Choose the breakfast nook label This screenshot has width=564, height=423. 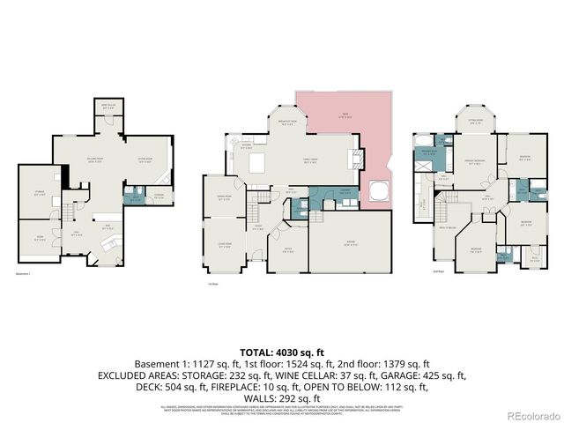point(286,124)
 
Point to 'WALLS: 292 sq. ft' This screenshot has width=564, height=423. point(281,397)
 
